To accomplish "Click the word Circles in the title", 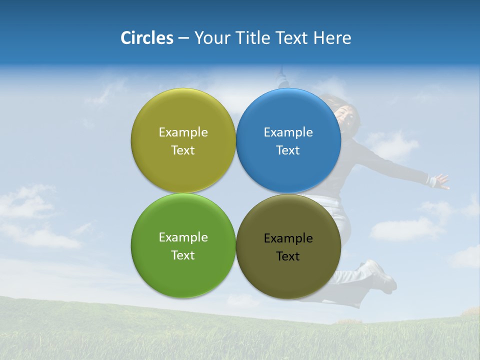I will point(146,38).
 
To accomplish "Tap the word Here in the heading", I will point(332,38).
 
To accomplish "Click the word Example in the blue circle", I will point(288,132).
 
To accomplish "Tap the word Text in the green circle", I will point(183,255).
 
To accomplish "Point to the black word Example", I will point(288,238).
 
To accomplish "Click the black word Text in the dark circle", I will point(288,256).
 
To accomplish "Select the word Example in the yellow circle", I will point(183,132).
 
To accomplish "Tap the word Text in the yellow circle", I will point(183,150).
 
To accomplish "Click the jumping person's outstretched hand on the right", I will point(441,181).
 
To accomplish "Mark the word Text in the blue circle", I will point(288,150).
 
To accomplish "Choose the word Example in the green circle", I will point(183,237).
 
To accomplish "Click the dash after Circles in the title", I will point(183,38).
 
